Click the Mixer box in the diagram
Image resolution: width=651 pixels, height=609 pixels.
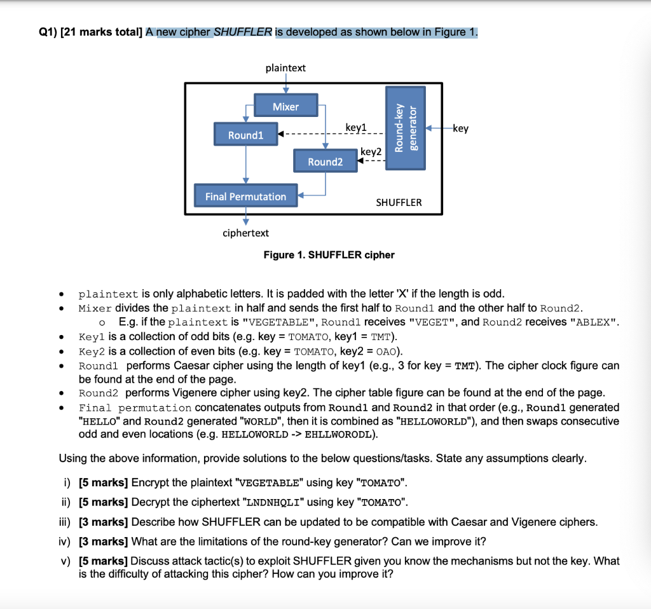point(285,107)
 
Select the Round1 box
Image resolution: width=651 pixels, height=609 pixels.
point(245,135)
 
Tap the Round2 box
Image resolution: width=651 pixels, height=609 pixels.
point(325,161)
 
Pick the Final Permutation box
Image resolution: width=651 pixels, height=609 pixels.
point(245,196)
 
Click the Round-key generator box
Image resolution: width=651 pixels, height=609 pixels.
point(406,127)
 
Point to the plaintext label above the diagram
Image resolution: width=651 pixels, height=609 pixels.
point(285,67)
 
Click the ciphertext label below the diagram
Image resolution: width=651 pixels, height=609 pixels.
point(245,233)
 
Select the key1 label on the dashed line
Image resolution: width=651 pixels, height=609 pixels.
point(356,128)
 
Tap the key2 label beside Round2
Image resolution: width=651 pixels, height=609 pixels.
point(371,152)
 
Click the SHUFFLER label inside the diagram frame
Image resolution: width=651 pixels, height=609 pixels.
point(399,202)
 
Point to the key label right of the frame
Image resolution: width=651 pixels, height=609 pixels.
point(461,128)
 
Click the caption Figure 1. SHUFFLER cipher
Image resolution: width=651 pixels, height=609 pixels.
point(329,255)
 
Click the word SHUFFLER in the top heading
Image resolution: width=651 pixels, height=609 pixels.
point(243,32)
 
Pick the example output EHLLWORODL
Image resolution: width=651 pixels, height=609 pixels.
point(341,435)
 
